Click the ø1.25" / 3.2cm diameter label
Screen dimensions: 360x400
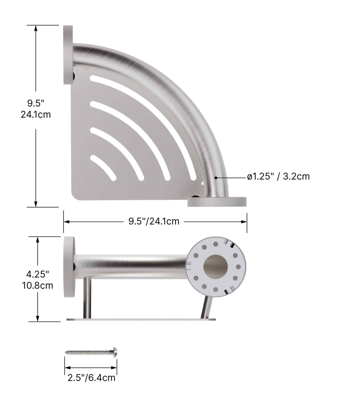[278, 176]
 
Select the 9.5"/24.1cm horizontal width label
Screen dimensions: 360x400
[154, 222]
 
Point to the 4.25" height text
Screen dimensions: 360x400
[38, 274]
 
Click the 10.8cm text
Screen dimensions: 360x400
[38, 286]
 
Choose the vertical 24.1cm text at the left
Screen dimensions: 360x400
[36, 115]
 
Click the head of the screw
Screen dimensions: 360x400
[115, 352]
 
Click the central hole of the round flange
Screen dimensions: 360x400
[215, 267]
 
